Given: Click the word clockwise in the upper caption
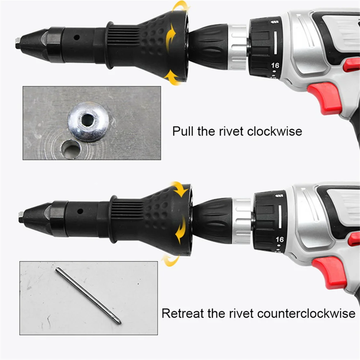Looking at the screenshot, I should click(x=275, y=131).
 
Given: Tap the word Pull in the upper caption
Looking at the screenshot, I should click(x=183, y=131).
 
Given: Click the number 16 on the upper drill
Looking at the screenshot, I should click(x=275, y=66).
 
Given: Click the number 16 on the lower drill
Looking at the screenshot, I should click(x=279, y=239).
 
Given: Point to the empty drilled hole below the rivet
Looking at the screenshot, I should click(x=71, y=149).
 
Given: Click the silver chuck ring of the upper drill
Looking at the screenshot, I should click(x=238, y=47).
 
